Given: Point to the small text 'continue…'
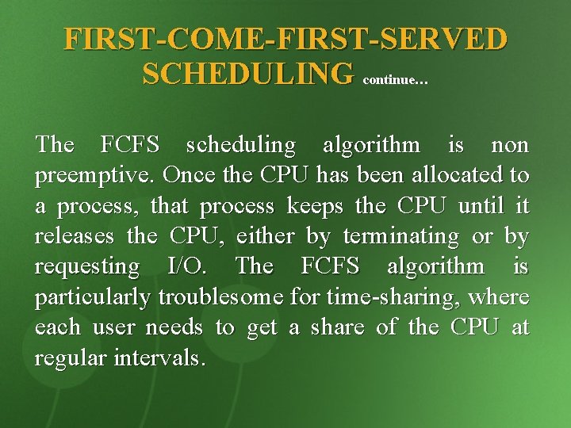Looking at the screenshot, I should click(394, 79).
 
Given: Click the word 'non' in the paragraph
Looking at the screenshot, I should click(510, 145).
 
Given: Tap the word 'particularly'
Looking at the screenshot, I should click(94, 298).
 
